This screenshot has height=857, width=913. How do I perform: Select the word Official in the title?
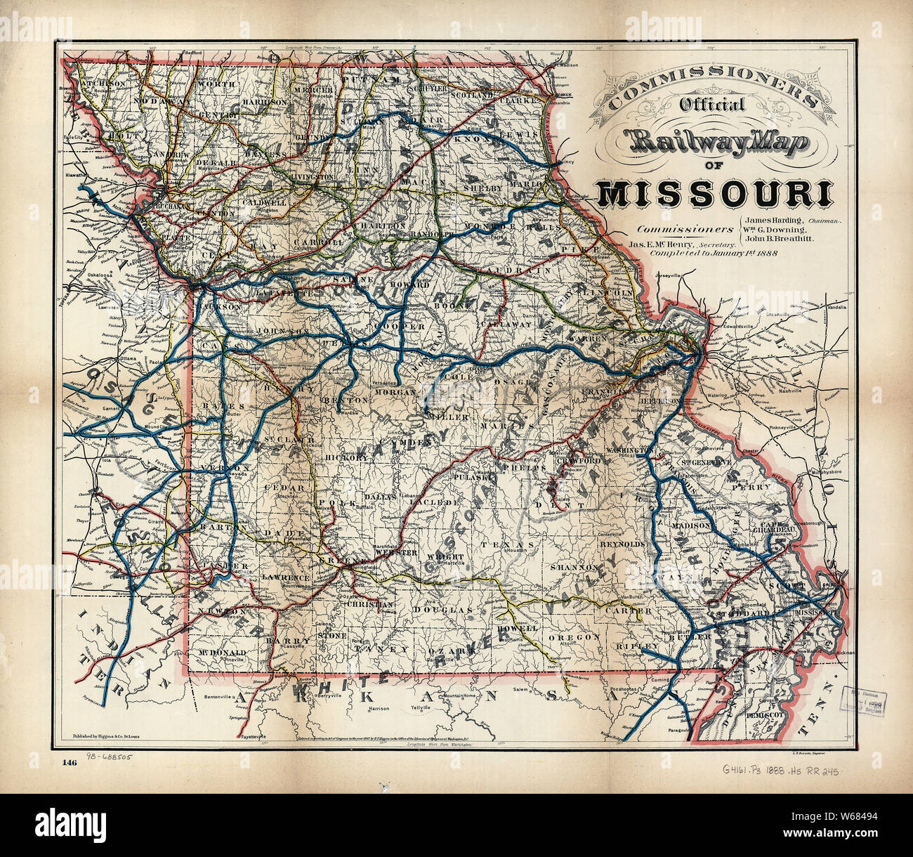point(711,105)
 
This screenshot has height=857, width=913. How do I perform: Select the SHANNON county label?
point(574,566)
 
